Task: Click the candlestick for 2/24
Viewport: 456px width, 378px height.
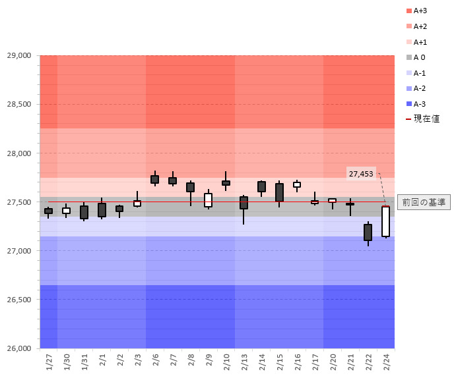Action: click(x=385, y=221)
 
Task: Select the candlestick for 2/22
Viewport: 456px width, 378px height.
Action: click(x=368, y=232)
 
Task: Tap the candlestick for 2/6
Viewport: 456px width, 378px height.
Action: click(x=154, y=179)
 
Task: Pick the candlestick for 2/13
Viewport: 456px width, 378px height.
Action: click(x=244, y=203)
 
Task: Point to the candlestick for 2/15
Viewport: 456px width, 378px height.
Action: click(x=279, y=193)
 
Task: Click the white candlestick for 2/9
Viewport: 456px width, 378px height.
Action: click(x=208, y=200)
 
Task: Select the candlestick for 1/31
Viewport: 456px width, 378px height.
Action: click(x=84, y=212)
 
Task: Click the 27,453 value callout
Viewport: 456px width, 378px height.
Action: click(x=361, y=174)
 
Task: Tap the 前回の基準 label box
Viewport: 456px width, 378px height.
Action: click(x=424, y=202)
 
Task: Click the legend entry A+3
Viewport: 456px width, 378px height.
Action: click(x=420, y=11)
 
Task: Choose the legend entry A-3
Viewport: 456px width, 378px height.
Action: click(x=420, y=104)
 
